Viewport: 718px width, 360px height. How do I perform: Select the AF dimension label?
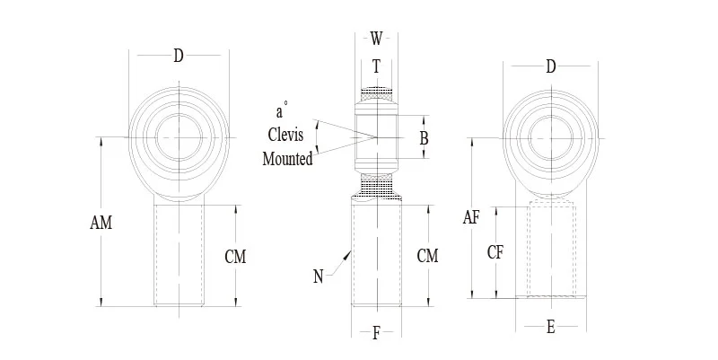click(x=472, y=217)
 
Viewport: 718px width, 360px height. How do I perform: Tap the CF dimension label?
click(x=495, y=252)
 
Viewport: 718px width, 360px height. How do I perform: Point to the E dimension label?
click(x=550, y=328)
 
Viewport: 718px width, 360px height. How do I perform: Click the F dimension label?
click(x=376, y=334)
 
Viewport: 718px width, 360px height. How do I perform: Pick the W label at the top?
click(x=376, y=39)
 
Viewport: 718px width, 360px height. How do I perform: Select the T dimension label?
click(x=376, y=66)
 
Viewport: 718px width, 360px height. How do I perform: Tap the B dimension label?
click(x=424, y=138)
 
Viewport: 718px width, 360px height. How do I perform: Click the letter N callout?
click(x=318, y=277)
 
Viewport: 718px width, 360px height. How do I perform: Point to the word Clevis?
click(x=286, y=136)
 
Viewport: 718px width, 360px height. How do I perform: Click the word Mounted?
click(x=287, y=159)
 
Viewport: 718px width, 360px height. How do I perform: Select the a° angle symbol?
click(x=281, y=112)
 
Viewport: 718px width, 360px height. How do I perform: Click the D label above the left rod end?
click(x=178, y=57)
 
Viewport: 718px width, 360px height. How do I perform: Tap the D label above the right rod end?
click(x=550, y=66)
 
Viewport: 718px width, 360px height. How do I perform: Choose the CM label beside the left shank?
click(x=235, y=258)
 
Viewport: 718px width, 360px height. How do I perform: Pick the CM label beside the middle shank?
click(x=428, y=256)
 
